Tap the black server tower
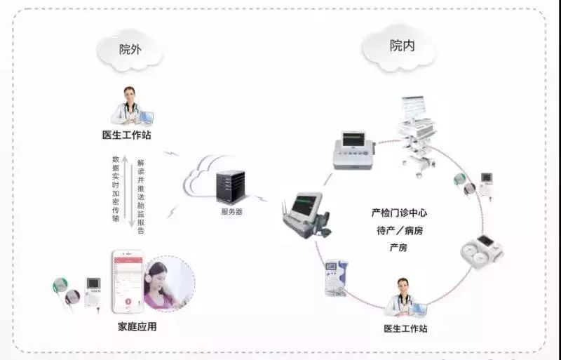(x=231, y=187)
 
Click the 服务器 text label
(x=232, y=212)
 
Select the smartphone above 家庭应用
(x=128, y=281)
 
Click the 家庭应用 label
(x=137, y=327)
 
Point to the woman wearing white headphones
(x=169, y=284)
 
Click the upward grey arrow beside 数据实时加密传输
(x=125, y=187)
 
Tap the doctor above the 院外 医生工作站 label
(x=130, y=106)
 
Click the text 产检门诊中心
(x=399, y=213)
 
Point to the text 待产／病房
(x=400, y=230)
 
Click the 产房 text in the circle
(x=398, y=247)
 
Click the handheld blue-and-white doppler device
(x=336, y=279)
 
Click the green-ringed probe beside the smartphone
(x=60, y=286)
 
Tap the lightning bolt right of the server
(x=261, y=198)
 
